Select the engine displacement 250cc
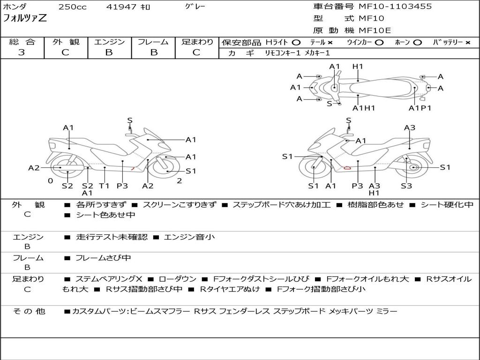tap(73, 7)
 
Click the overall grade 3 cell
tap(22, 52)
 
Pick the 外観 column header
tap(65, 42)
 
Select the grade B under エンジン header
tap(109, 52)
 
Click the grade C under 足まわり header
tap(197, 52)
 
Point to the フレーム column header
tap(153, 42)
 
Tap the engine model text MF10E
tap(375, 30)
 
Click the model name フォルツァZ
tap(25, 19)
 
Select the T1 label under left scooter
tap(104, 186)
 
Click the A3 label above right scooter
tap(410, 127)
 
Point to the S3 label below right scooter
tap(406, 186)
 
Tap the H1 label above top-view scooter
tap(358, 67)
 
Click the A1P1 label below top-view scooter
tap(420, 108)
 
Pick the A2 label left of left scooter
tap(34, 168)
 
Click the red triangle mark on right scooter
tap(347, 167)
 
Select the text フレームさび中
tap(103, 258)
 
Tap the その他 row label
tap(29, 311)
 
